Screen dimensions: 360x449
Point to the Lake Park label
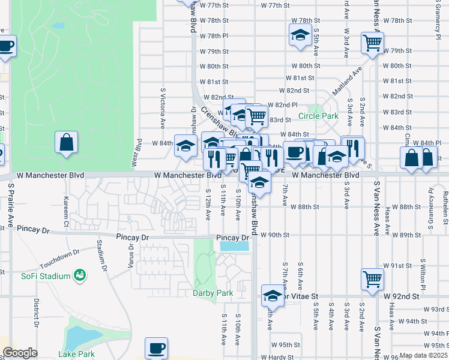click(x=76, y=354)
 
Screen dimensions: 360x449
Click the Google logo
click(x=20, y=353)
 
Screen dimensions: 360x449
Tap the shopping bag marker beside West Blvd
click(x=67, y=143)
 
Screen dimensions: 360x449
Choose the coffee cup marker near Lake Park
click(x=157, y=348)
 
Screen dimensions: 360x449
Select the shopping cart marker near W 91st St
click(x=372, y=279)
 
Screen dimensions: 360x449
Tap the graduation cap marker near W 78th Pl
click(x=300, y=35)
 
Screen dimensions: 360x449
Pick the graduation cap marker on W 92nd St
click(x=273, y=297)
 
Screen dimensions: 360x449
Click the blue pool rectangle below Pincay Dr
click(x=234, y=245)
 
